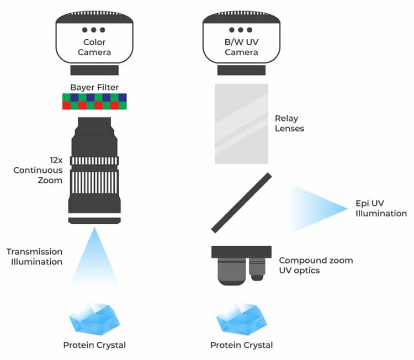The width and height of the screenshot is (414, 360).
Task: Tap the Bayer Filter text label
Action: pyautogui.click(x=94, y=87)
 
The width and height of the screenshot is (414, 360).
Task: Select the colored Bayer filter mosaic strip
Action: pyautogui.click(x=94, y=102)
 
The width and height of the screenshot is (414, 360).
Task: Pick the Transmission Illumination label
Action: pyautogui.click(x=34, y=257)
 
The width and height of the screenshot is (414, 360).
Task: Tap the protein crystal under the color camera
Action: pyautogui.click(x=94, y=319)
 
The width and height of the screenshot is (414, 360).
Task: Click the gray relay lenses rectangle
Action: pyautogui.click(x=241, y=124)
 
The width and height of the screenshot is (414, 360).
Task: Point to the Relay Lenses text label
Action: pyautogui.click(x=289, y=123)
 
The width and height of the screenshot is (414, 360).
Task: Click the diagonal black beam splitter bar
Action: pyautogui.click(x=241, y=203)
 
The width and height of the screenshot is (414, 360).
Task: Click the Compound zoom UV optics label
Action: pyautogui.click(x=316, y=264)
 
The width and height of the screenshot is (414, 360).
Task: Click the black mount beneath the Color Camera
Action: pyautogui.click(x=94, y=70)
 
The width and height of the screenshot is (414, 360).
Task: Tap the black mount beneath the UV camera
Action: pyautogui.click(x=241, y=70)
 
